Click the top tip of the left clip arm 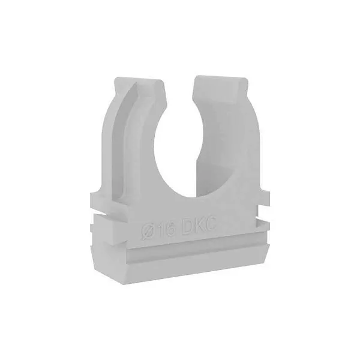click(138, 79)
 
